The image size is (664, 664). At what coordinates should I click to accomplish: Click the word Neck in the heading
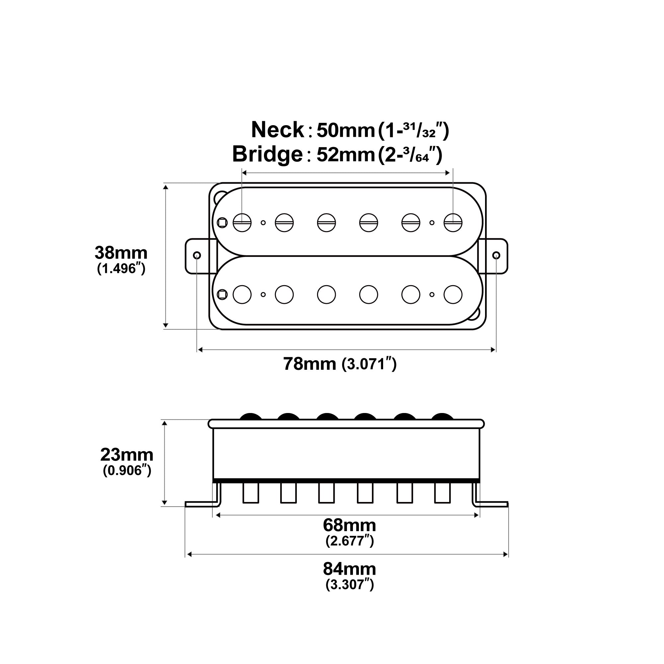point(277,130)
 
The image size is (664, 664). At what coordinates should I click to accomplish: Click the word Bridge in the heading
point(267,154)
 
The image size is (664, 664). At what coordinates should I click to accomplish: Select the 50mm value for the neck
point(345,130)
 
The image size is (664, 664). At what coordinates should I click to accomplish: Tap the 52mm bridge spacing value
point(345,155)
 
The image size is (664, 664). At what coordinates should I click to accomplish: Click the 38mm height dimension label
point(121,253)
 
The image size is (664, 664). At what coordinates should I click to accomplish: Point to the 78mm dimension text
point(309,364)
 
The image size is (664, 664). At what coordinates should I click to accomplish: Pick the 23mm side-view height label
point(126,455)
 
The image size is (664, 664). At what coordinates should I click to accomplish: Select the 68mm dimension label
point(349,525)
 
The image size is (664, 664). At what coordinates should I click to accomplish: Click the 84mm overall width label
point(349,569)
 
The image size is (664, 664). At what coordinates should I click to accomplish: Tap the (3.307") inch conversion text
point(349,585)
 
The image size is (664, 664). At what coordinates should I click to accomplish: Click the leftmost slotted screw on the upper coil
point(242,223)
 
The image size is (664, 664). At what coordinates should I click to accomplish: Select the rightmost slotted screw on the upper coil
point(453,223)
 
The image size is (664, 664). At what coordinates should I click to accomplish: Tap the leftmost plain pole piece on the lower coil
point(242,294)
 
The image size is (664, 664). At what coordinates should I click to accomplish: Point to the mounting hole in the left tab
point(197,255)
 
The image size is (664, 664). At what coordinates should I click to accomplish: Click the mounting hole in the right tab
point(496,255)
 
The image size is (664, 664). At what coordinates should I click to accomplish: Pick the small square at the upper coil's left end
point(222,223)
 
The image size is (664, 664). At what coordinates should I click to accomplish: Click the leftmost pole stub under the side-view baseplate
point(251,493)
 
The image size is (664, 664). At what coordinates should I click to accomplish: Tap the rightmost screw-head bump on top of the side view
point(443,416)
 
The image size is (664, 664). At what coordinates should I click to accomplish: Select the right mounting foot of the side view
point(491,504)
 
